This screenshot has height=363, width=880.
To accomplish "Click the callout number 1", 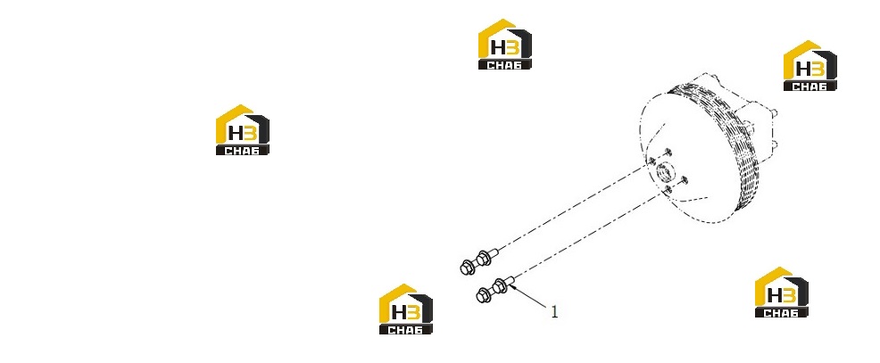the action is click(x=554, y=311).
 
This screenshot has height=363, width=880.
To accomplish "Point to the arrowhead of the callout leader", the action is click(x=511, y=287).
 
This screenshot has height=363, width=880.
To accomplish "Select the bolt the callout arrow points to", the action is click(x=502, y=285).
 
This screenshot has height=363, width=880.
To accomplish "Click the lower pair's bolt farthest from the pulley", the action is click(x=483, y=294).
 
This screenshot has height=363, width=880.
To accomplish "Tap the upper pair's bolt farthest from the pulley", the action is click(x=468, y=267).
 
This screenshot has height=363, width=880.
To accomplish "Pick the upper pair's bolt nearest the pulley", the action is click(x=486, y=258).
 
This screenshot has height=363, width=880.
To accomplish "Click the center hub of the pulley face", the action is click(x=667, y=170).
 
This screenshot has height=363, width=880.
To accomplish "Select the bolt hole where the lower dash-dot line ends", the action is click(x=668, y=191).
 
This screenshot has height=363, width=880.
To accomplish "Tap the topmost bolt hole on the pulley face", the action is click(x=668, y=152).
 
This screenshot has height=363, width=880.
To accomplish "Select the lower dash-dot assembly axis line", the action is click(x=588, y=235).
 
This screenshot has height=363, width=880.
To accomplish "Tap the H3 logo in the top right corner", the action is click(x=809, y=66).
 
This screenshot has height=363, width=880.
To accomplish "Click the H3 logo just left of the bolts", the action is click(x=406, y=309).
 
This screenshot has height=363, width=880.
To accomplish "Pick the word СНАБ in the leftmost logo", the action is click(x=243, y=151).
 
